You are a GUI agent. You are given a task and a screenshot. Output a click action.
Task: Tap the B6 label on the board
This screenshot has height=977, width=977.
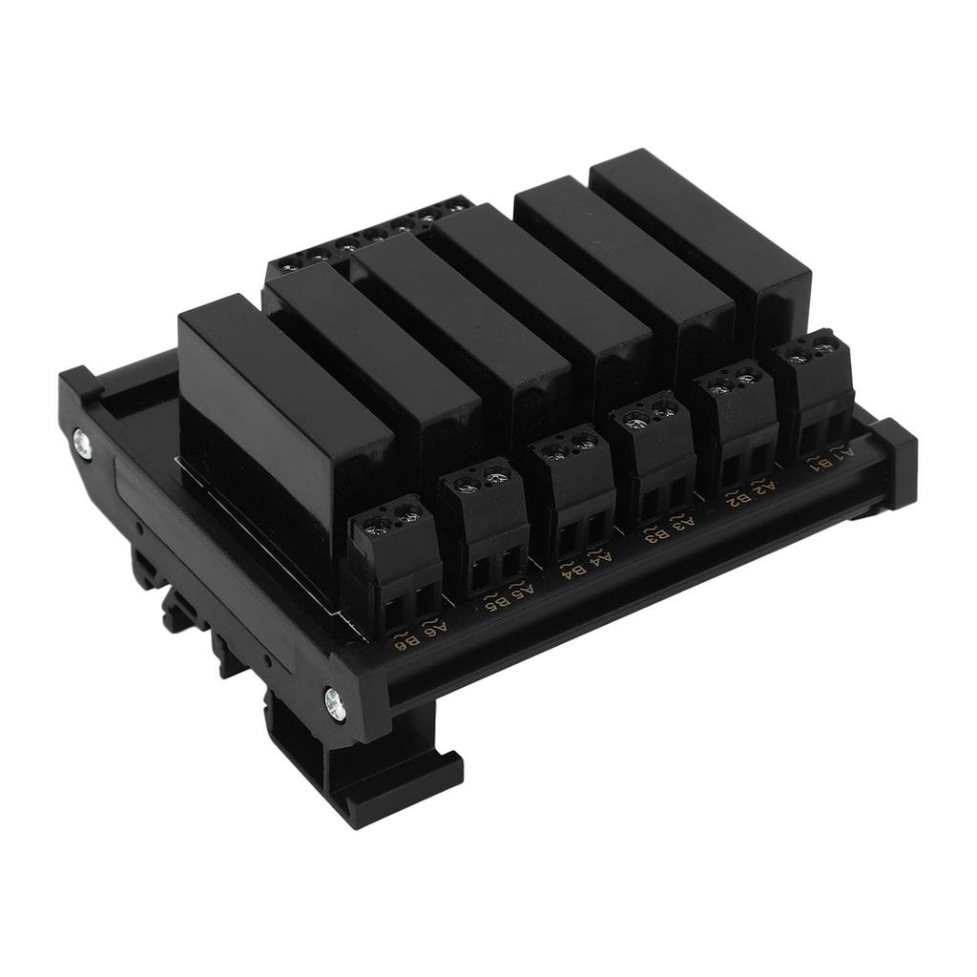click(x=410, y=643)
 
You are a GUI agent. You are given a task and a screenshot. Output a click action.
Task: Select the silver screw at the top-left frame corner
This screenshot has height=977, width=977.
click(x=81, y=440)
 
